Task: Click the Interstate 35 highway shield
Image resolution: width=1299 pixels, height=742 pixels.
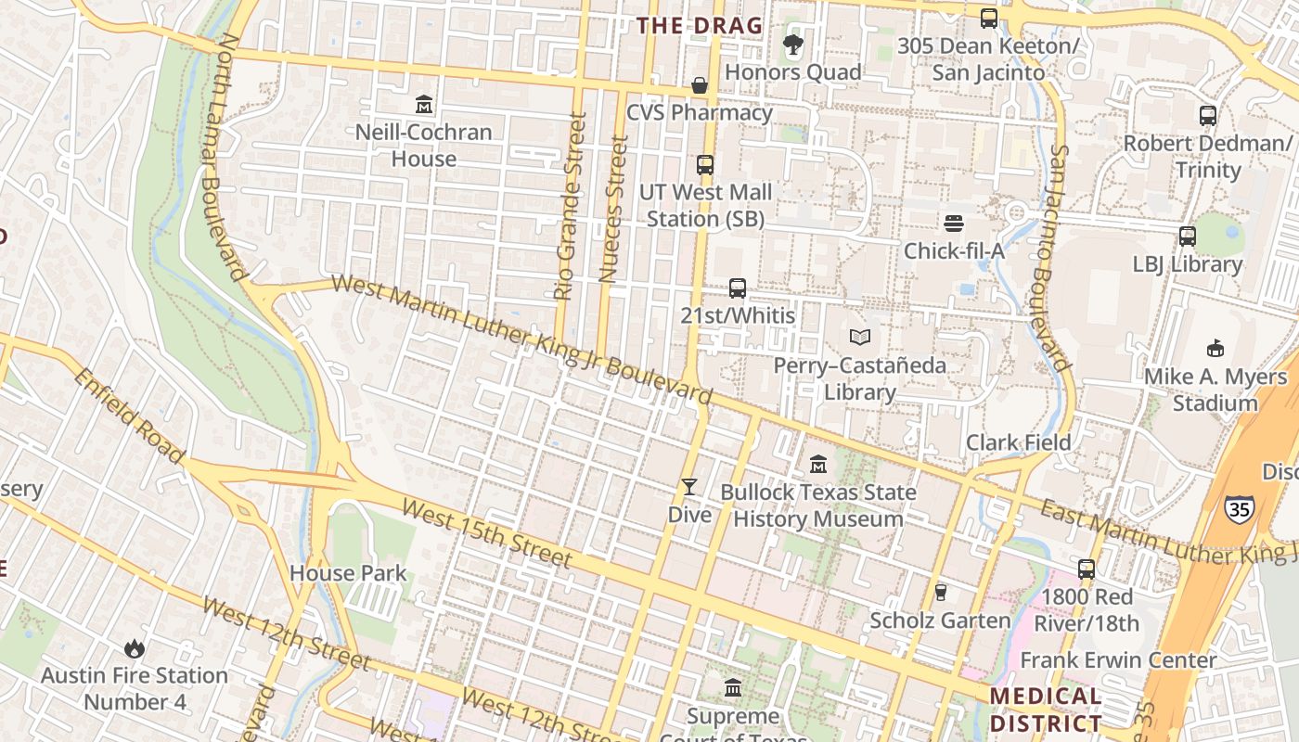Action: click(x=1239, y=508)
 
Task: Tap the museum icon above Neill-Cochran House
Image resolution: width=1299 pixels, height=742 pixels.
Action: click(x=424, y=104)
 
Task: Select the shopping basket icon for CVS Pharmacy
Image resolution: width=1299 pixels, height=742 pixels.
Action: click(x=700, y=85)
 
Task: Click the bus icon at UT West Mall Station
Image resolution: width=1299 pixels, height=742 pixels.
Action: click(x=705, y=165)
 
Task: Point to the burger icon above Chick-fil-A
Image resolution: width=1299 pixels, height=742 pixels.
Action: click(x=954, y=224)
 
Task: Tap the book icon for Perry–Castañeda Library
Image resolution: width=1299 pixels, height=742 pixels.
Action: click(x=860, y=338)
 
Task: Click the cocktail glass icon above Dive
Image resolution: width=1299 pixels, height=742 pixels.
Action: click(x=689, y=487)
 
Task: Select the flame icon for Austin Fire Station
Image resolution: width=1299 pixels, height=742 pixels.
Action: click(x=135, y=648)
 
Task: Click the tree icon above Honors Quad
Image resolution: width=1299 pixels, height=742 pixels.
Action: click(x=792, y=45)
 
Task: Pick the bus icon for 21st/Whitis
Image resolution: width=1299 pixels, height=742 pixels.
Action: click(x=738, y=288)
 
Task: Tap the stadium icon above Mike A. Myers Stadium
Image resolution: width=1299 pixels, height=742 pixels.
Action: click(x=1215, y=349)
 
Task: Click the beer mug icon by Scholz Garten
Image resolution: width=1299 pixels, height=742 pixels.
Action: click(x=940, y=593)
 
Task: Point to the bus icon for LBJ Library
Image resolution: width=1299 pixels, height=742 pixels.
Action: click(x=1188, y=237)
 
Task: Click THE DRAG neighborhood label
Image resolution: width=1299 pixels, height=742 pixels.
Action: click(x=700, y=26)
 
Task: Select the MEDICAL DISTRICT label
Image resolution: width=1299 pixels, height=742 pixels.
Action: click(x=1046, y=710)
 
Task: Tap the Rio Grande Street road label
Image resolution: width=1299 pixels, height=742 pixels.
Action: click(x=569, y=207)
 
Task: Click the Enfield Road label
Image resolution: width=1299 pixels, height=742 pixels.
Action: click(x=128, y=416)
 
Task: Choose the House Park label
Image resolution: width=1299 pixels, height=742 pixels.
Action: click(x=348, y=573)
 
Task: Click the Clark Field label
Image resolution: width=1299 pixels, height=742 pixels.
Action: click(x=1019, y=442)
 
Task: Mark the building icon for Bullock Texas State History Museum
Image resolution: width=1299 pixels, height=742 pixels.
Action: click(x=818, y=464)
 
